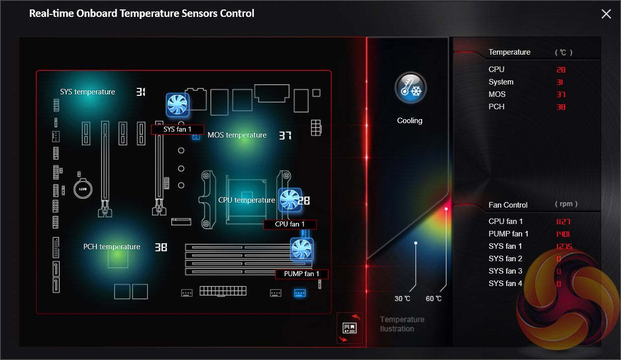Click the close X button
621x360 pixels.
click(606, 14)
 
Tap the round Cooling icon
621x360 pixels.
click(410, 88)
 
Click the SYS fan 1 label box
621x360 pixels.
click(177, 130)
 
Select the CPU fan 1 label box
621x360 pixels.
click(290, 224)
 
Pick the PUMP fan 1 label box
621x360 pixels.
click(302, 274)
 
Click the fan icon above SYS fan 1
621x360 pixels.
click(177, 105)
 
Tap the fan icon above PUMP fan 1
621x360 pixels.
click(302, 250)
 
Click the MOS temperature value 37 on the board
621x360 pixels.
click(285, 136)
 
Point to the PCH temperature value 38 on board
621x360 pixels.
click(160, 247)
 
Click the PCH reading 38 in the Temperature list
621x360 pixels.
click(561, 107)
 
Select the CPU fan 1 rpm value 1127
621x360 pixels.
click(563, 221)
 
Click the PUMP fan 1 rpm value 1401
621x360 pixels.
click(563, 234)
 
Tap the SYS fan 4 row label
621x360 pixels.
click(505, 284)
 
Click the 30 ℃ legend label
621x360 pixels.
click(402, 298)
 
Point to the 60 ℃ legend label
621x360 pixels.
click(434, 298)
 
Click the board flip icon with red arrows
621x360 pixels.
click(350, 328)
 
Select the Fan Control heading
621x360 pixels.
click(508, 205)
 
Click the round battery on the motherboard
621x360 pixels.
click(83, 189)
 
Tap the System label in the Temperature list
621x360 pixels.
click(501, 82)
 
